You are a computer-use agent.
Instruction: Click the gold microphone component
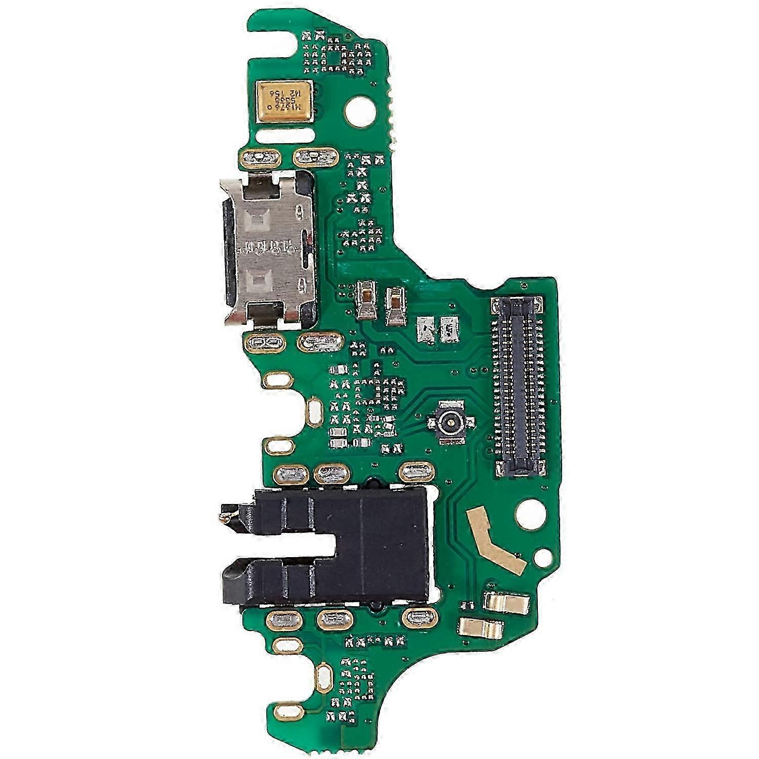tap(285, 102)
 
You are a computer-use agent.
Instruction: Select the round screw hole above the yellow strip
tap(529, 507)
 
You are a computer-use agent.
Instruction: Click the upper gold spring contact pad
tap(507, 602)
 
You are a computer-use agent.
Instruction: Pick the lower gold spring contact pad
tap(481, 628)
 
